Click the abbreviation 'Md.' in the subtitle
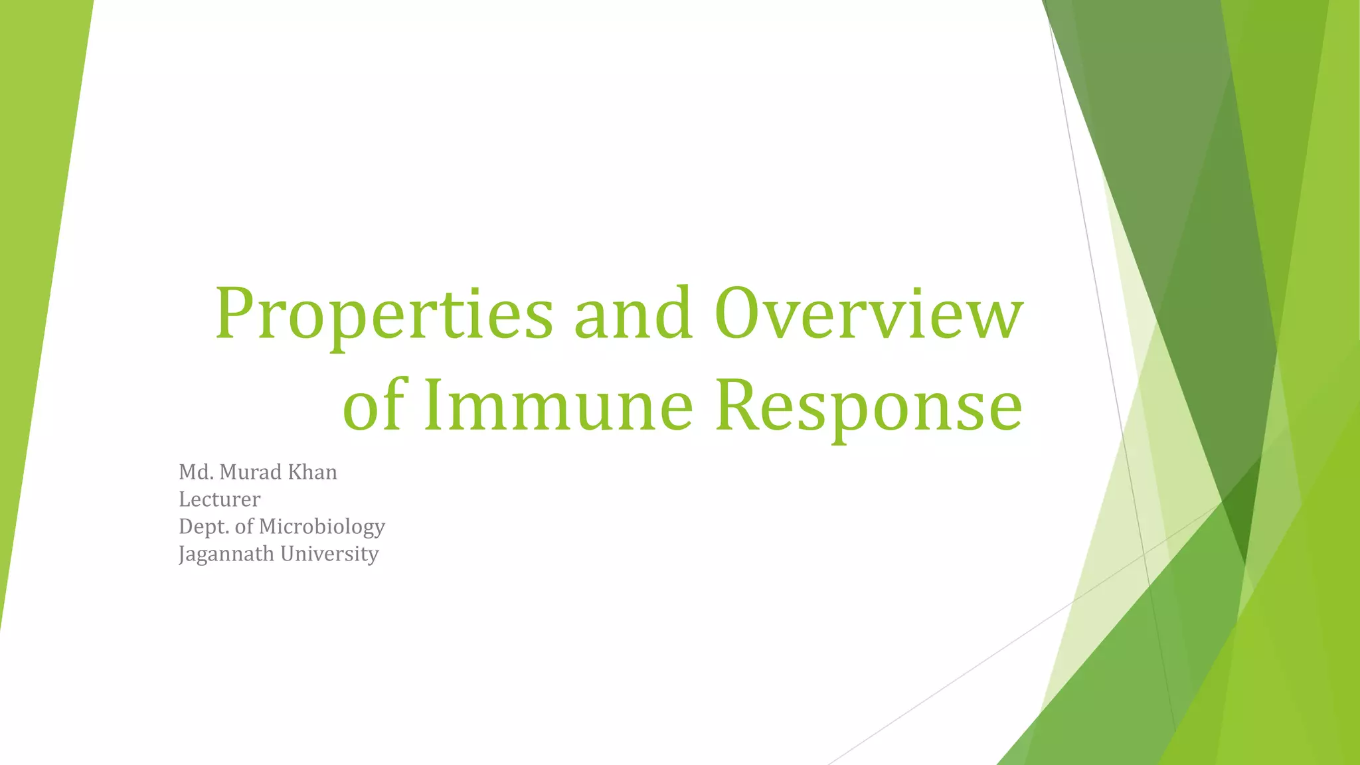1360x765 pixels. click(196, 472)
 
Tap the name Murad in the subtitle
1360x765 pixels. click(250, 472)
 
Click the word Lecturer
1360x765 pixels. click(220, 499)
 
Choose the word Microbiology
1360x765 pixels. click(321, 527)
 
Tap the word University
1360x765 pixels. click(329, 554)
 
